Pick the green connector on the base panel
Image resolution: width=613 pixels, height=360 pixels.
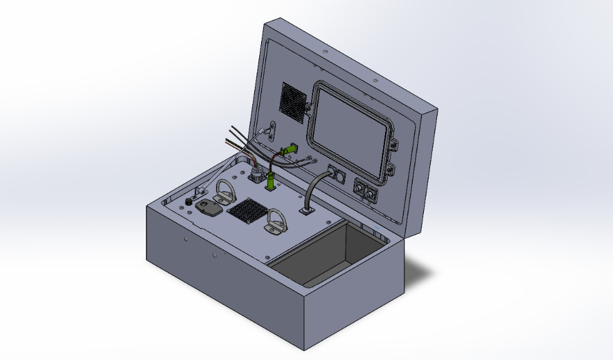click(x=270, y=182)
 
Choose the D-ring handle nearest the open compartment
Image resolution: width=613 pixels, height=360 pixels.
click(x=276, y=223)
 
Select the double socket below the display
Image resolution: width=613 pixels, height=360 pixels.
click(x=366, y=190)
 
